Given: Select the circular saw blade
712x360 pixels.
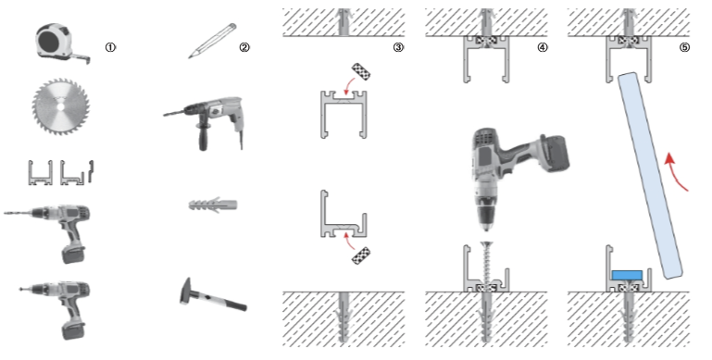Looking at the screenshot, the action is coord(60,106).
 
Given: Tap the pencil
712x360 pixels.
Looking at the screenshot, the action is coord(213,41).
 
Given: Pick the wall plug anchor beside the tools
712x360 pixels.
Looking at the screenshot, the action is coord(213,205).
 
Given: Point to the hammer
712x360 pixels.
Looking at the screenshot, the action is coord(212,295).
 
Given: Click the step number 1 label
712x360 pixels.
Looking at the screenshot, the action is coord(110,47).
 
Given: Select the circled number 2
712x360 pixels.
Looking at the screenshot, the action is coord(244,47).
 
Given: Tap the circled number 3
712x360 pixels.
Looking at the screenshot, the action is coord(398,47).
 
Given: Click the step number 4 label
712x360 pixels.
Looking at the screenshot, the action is coord(543,47).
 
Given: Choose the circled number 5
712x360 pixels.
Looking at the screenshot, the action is coord(685,47).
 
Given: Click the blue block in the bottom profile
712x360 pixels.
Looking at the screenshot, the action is coord(627,275).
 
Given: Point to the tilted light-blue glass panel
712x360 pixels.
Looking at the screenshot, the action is coord(650,175).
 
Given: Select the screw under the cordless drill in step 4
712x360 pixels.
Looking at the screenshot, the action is coord(487,265).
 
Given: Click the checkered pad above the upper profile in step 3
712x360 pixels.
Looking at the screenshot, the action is coord(361,71).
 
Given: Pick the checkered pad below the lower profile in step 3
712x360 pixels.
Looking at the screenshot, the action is coord(361,255).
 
